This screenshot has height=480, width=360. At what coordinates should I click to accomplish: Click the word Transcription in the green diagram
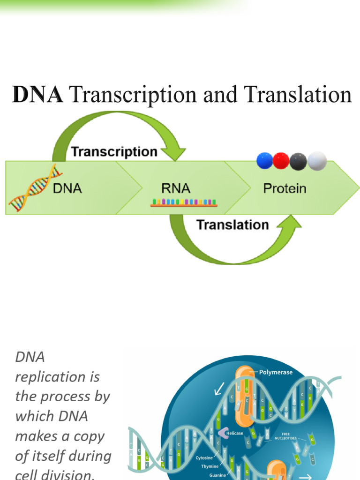pos(114,152)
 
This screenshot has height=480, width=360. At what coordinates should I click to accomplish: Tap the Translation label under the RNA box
pos(232,225)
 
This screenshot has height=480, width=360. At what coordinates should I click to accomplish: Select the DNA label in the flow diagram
pos(67,188)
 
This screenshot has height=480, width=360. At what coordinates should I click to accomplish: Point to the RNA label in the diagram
pos(176,188)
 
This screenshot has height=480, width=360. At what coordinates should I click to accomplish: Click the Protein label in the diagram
pos(285,188)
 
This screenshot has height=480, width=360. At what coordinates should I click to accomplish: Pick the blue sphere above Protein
pos(265,161)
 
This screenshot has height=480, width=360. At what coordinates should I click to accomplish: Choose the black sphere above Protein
pos(298,161)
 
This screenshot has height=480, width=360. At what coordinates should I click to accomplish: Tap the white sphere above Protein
pos(317,161)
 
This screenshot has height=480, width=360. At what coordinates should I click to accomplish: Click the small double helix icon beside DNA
pos(35,187)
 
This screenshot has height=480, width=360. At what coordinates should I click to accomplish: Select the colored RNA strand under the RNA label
pos(183,203)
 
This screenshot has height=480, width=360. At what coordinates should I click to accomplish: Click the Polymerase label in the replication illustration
pos(276,372)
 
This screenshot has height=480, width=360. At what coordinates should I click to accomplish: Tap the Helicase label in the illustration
pos(235,433)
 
